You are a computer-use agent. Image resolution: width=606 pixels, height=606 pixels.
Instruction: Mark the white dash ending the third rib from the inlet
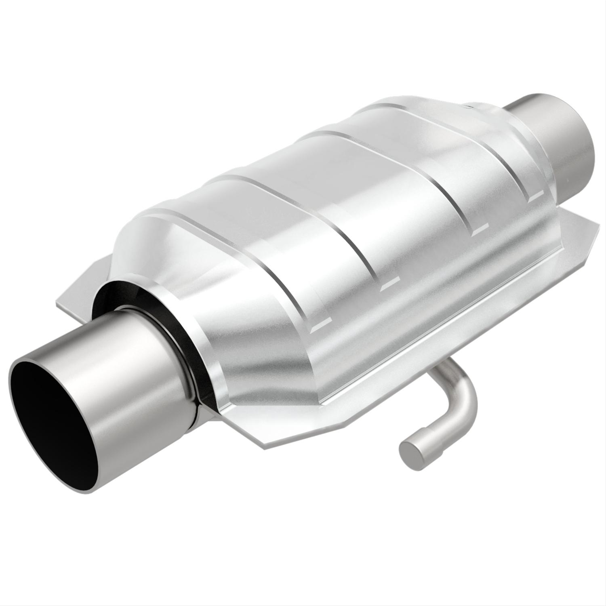pyautogui.click(x=479, y=231)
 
